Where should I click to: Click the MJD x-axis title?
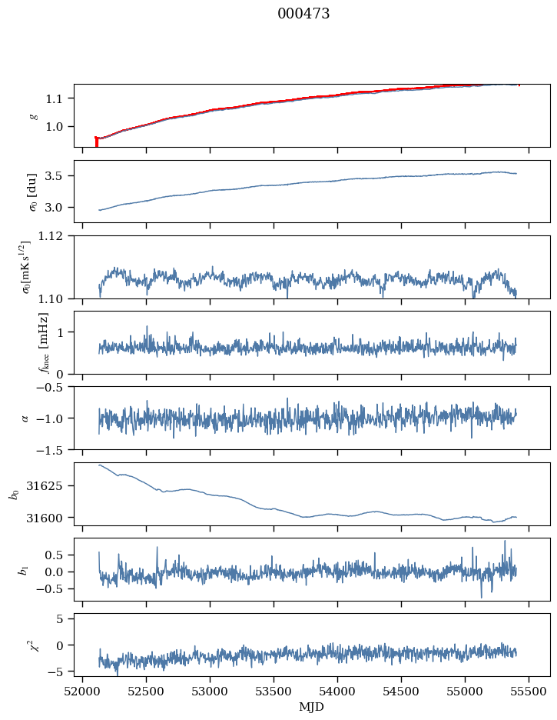click(x=311, y=707)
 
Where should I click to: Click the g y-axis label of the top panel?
click(x=33, y=115)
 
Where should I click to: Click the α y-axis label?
click(x=25, y=418)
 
